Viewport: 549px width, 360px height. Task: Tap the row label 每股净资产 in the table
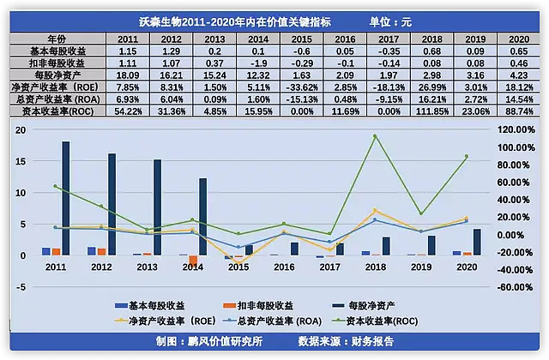coord(57,75)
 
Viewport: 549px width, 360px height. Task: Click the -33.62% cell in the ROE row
coord(302,87)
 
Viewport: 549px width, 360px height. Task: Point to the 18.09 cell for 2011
coord(128,75)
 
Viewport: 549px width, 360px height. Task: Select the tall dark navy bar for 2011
coord(66,197)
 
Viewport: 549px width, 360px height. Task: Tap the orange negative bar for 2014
coord(194,261)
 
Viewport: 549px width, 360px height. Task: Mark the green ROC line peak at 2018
coord(374,136)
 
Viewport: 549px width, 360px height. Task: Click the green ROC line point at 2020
coord(467,156)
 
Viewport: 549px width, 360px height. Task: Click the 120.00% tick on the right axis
coord(516,129)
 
